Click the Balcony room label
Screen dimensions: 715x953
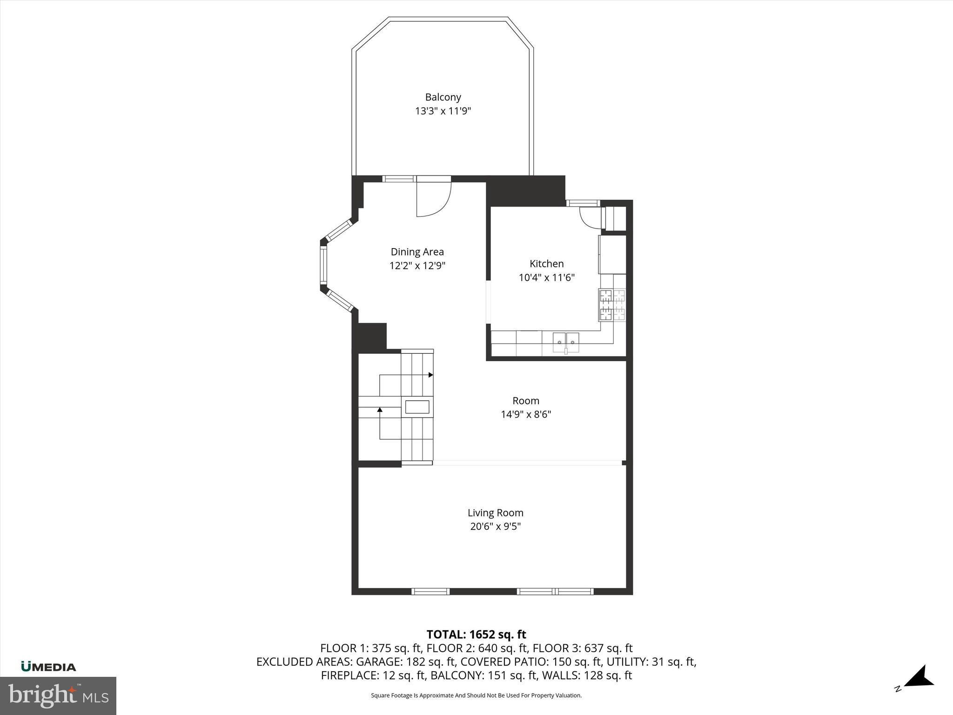(443, 97)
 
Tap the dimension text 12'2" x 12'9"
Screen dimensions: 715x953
(417, 266)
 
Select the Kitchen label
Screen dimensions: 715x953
(546, 263)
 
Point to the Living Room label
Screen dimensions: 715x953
(495, 513)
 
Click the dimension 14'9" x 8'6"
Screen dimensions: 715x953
(525, 414)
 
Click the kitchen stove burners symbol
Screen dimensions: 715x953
(612, 305)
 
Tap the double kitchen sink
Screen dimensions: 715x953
(566, 343)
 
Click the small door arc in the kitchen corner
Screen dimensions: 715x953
(590, 217)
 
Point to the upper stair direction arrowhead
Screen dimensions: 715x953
(431, 375)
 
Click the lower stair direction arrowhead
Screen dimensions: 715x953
(380, 410)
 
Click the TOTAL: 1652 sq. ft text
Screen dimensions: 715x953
(476, 634)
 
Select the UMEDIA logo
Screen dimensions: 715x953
(48, 667)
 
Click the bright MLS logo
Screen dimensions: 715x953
(58, 695)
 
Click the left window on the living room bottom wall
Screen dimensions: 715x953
(430, 591)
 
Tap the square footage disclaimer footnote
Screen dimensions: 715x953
(476, 695)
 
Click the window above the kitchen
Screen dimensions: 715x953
(583, 203)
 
